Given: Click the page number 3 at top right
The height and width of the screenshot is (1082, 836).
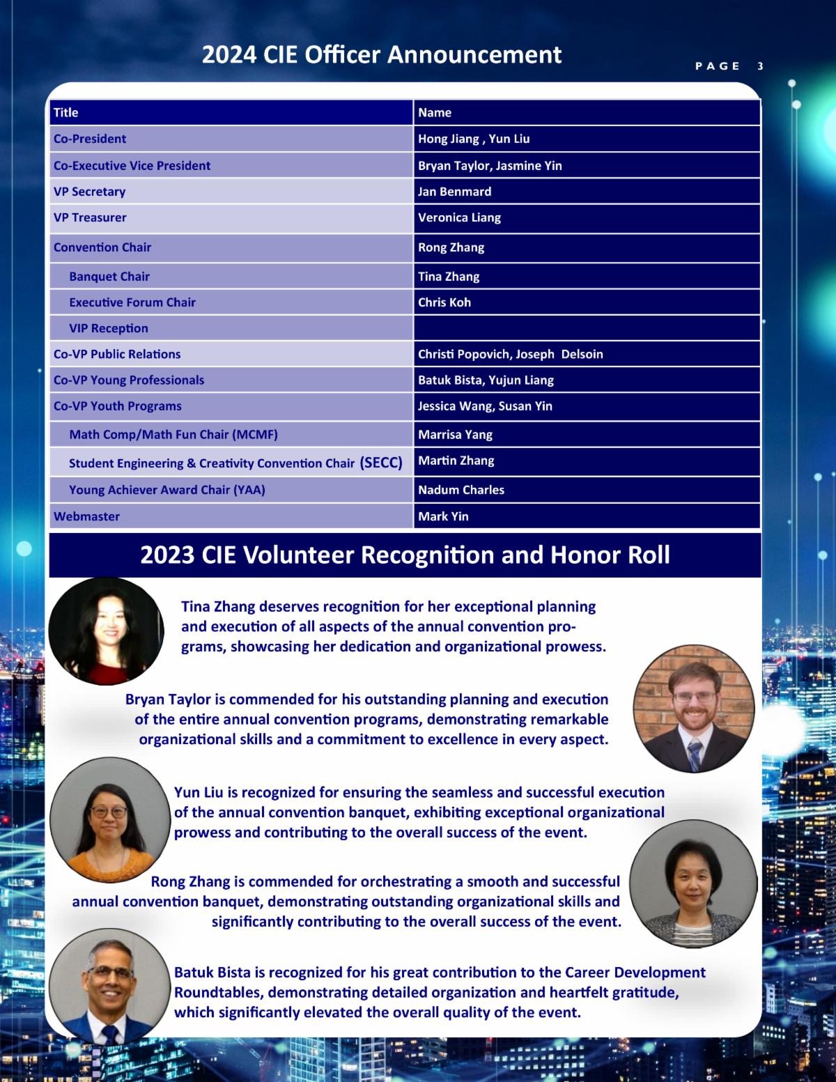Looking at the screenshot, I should pyautogui.click(x=760, y=66).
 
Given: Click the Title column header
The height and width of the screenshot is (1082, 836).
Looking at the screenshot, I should pyautogui.click(x=66, y=113).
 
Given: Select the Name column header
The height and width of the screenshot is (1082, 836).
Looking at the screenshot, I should pyautogui.click(x=435, y=113).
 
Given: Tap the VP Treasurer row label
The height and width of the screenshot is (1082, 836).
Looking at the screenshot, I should pyautogui.click(x=90, y=217).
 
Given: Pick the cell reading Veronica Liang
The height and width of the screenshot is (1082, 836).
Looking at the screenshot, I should pyautogui.click(x=459, y=217).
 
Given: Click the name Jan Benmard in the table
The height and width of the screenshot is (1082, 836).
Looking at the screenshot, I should pyautogui.click(x=454, y=192).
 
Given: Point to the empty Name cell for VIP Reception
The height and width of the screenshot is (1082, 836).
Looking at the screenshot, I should pyautogui.click(x=586, y=328).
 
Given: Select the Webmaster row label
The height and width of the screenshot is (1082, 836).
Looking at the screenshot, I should pyautogui.click(x=86, y=516).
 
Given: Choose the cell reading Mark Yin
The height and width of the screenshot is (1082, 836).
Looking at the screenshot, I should pyautogui.click(x=443, y=516).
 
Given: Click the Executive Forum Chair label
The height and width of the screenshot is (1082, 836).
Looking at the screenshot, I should pyautogui.click(x=132, y=302).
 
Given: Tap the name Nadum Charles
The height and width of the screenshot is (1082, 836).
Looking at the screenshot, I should pyautogui.click(x=461, y=490).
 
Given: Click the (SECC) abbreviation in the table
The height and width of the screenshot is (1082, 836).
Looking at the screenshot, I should pyautogui.click(x=381, y=463).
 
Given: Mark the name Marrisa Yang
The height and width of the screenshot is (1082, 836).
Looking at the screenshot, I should pyautogui.click(x=455, y=435).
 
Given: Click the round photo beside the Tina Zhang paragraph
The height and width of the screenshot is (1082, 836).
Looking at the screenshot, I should pyautogui.click(x=106, y=631).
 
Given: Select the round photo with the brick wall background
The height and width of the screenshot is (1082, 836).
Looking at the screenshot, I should pyautogui.click(x=694, y=709).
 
